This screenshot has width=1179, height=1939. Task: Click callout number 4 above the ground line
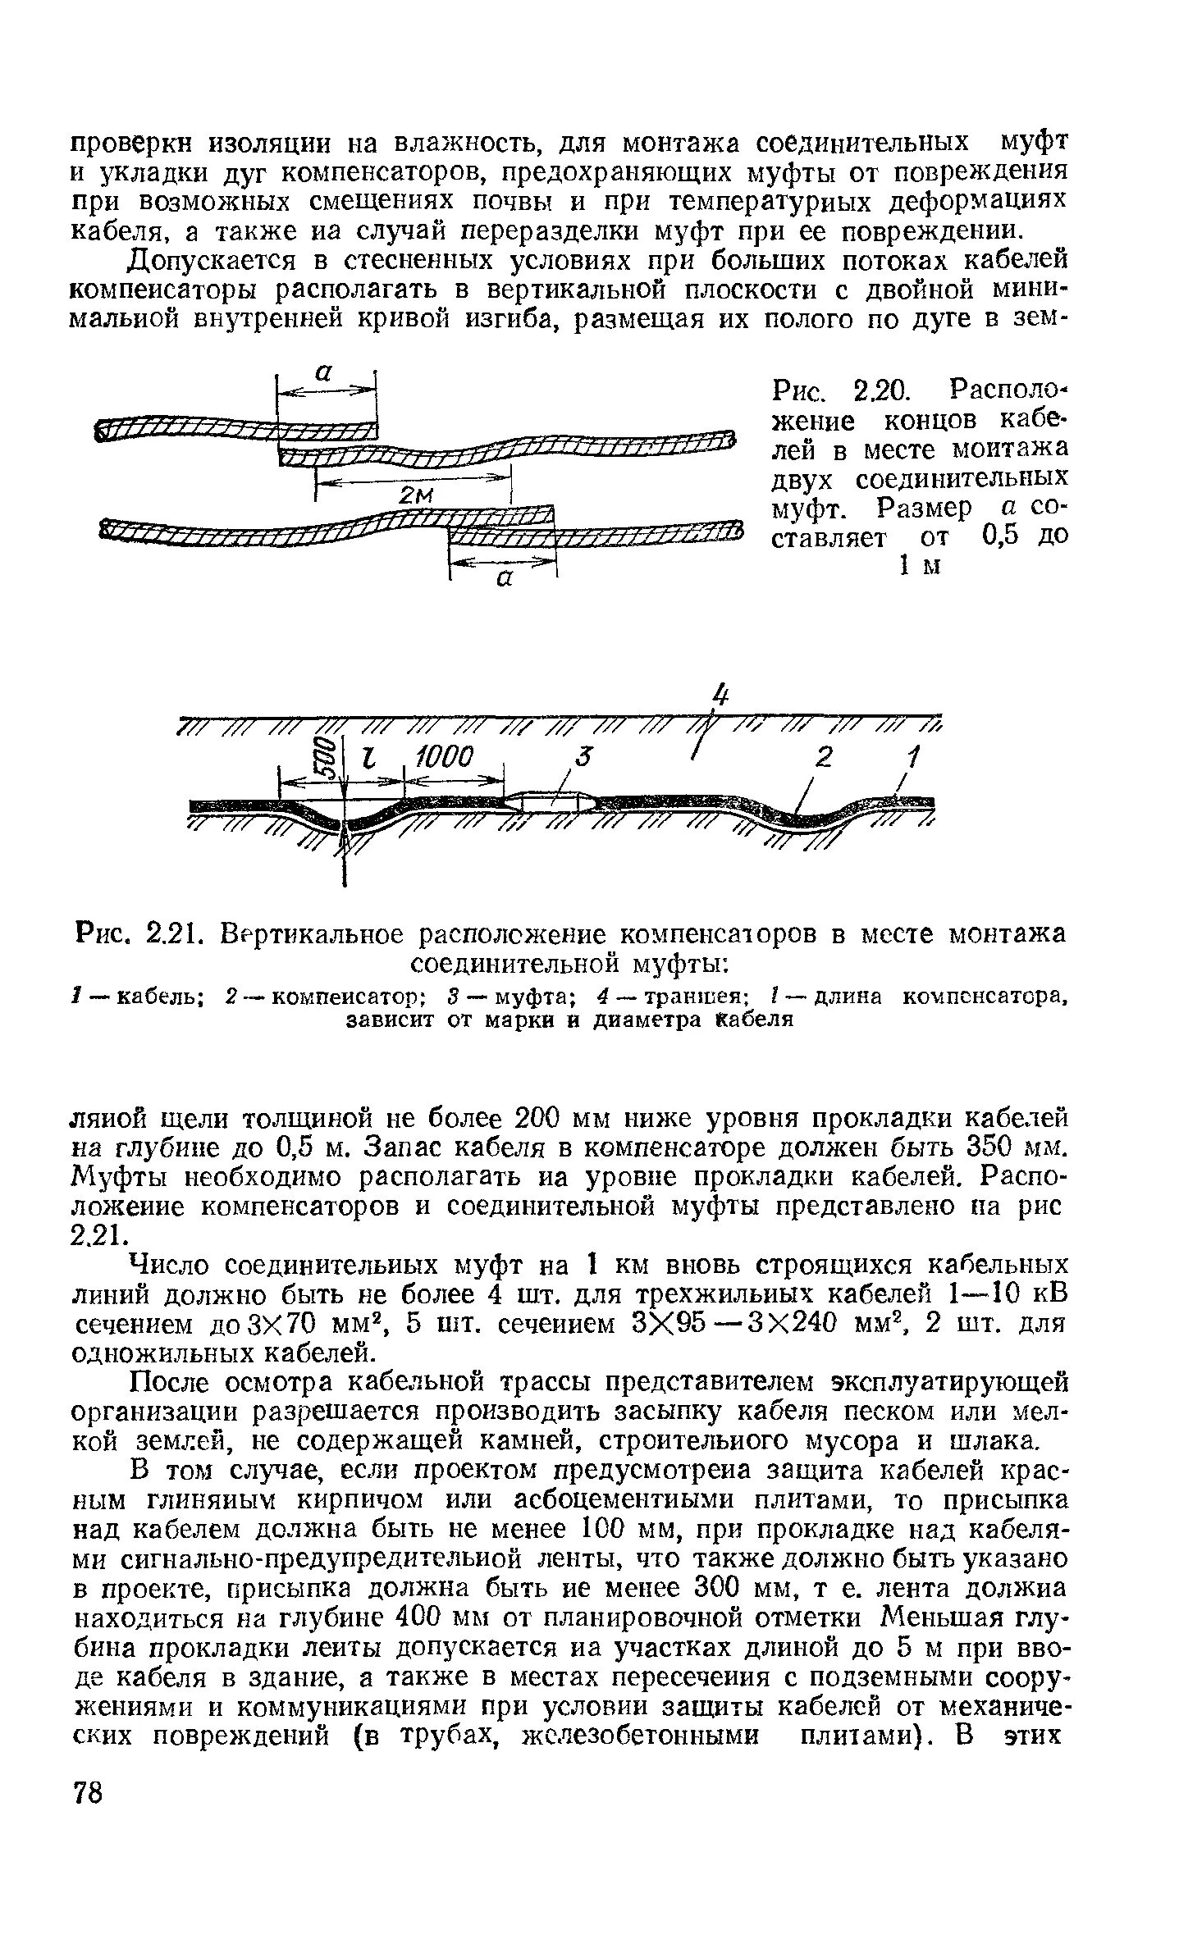720,696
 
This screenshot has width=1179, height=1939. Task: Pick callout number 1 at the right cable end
915,755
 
